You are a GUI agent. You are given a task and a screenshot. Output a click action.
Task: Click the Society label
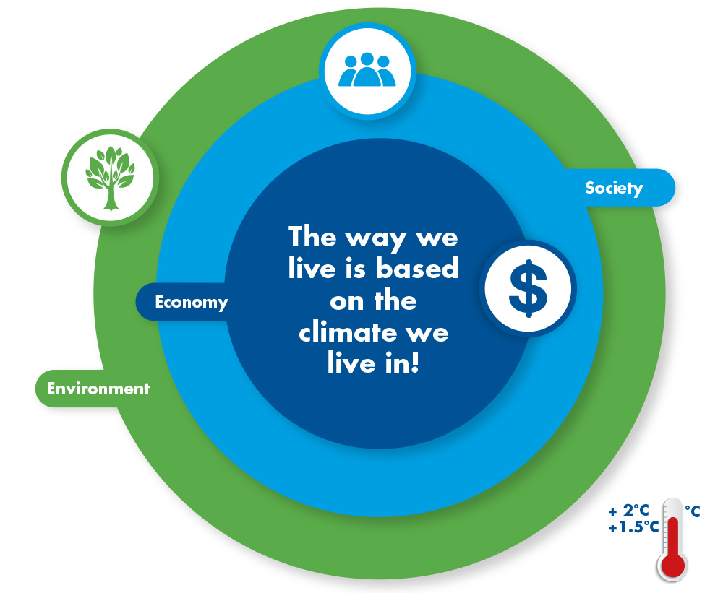[x=614, y=188]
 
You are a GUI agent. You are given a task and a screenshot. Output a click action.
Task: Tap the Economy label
[x=192, y=302]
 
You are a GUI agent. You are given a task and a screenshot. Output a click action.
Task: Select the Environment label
[x=98, y=389]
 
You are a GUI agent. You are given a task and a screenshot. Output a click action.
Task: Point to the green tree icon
[x=110, y=178]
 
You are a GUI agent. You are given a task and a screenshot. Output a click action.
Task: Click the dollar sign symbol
[x=528, y=289]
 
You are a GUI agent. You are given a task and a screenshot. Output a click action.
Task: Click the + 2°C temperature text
[x=629, y=511]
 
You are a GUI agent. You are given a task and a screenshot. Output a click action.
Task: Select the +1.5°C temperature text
[x=633, y=527]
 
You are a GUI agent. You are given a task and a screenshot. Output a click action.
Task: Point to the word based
[x=417, y=268]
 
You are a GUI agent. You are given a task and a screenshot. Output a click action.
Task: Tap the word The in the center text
[x=312, y=236]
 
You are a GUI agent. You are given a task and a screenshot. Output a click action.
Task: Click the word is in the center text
[x=355, y=268]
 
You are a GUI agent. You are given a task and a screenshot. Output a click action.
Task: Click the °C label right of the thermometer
[x=693, y=511]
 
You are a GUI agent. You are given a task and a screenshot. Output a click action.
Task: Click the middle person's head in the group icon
[x=367, y=59]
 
